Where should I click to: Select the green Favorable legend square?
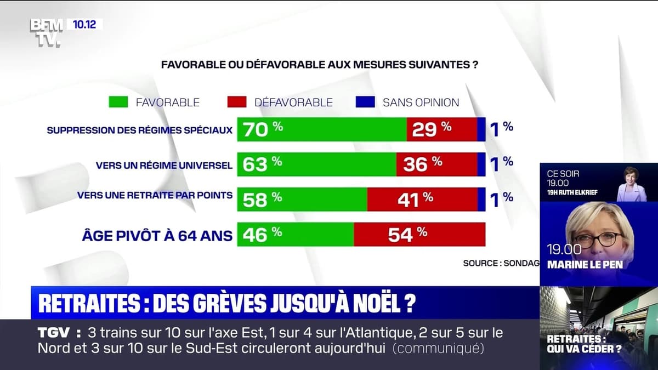click(118, 102)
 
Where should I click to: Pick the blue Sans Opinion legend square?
click(365, 102)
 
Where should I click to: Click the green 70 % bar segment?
click(322, 129)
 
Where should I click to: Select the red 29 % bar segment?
click(442, 129)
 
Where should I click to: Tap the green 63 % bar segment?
click(316, 164)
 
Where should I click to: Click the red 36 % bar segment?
click(436, 164)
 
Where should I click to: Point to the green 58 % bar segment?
click(302, 200)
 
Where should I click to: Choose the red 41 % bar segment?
click(422, 200)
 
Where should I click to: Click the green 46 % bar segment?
click(296, 235)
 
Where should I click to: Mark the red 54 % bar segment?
click(419, 235)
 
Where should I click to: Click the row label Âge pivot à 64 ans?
click(157, 236)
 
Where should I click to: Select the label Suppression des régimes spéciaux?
click(140, 130)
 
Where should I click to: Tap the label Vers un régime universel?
click(164, 165)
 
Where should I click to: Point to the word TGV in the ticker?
click(53, 333)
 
